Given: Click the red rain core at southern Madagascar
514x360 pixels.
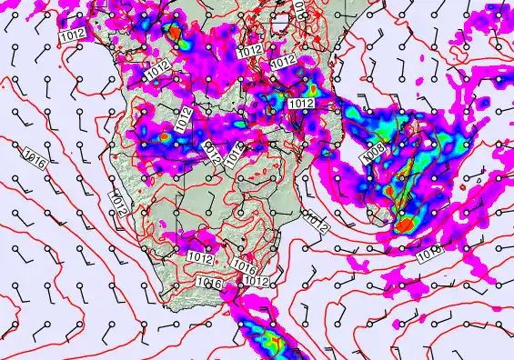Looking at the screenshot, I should (x=405, y=223).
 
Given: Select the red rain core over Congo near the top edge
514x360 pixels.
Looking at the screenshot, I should (x=173, y=33).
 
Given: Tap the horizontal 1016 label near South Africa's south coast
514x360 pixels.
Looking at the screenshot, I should (x=208, y=284).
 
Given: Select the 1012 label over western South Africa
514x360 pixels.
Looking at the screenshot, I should (x=200, y=259).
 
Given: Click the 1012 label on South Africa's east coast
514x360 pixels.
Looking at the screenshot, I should (x=257, y=281).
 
